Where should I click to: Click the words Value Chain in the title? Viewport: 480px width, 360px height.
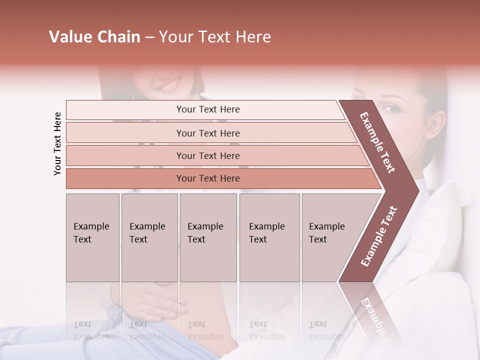tap(94, 37)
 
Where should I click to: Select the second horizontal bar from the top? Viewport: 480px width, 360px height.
tap(208, 133)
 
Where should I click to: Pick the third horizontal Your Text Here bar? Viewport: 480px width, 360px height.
tap(208, 155)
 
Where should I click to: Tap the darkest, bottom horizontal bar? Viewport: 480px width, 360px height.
tap(208, 178)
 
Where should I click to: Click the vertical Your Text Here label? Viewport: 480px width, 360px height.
tap(57, 143)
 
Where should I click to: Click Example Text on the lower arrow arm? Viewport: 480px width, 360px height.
tap(379, 236)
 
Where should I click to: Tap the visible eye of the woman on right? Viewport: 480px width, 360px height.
tap(389, 108)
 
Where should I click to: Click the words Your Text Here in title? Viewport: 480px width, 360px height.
tap(215, 37)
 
